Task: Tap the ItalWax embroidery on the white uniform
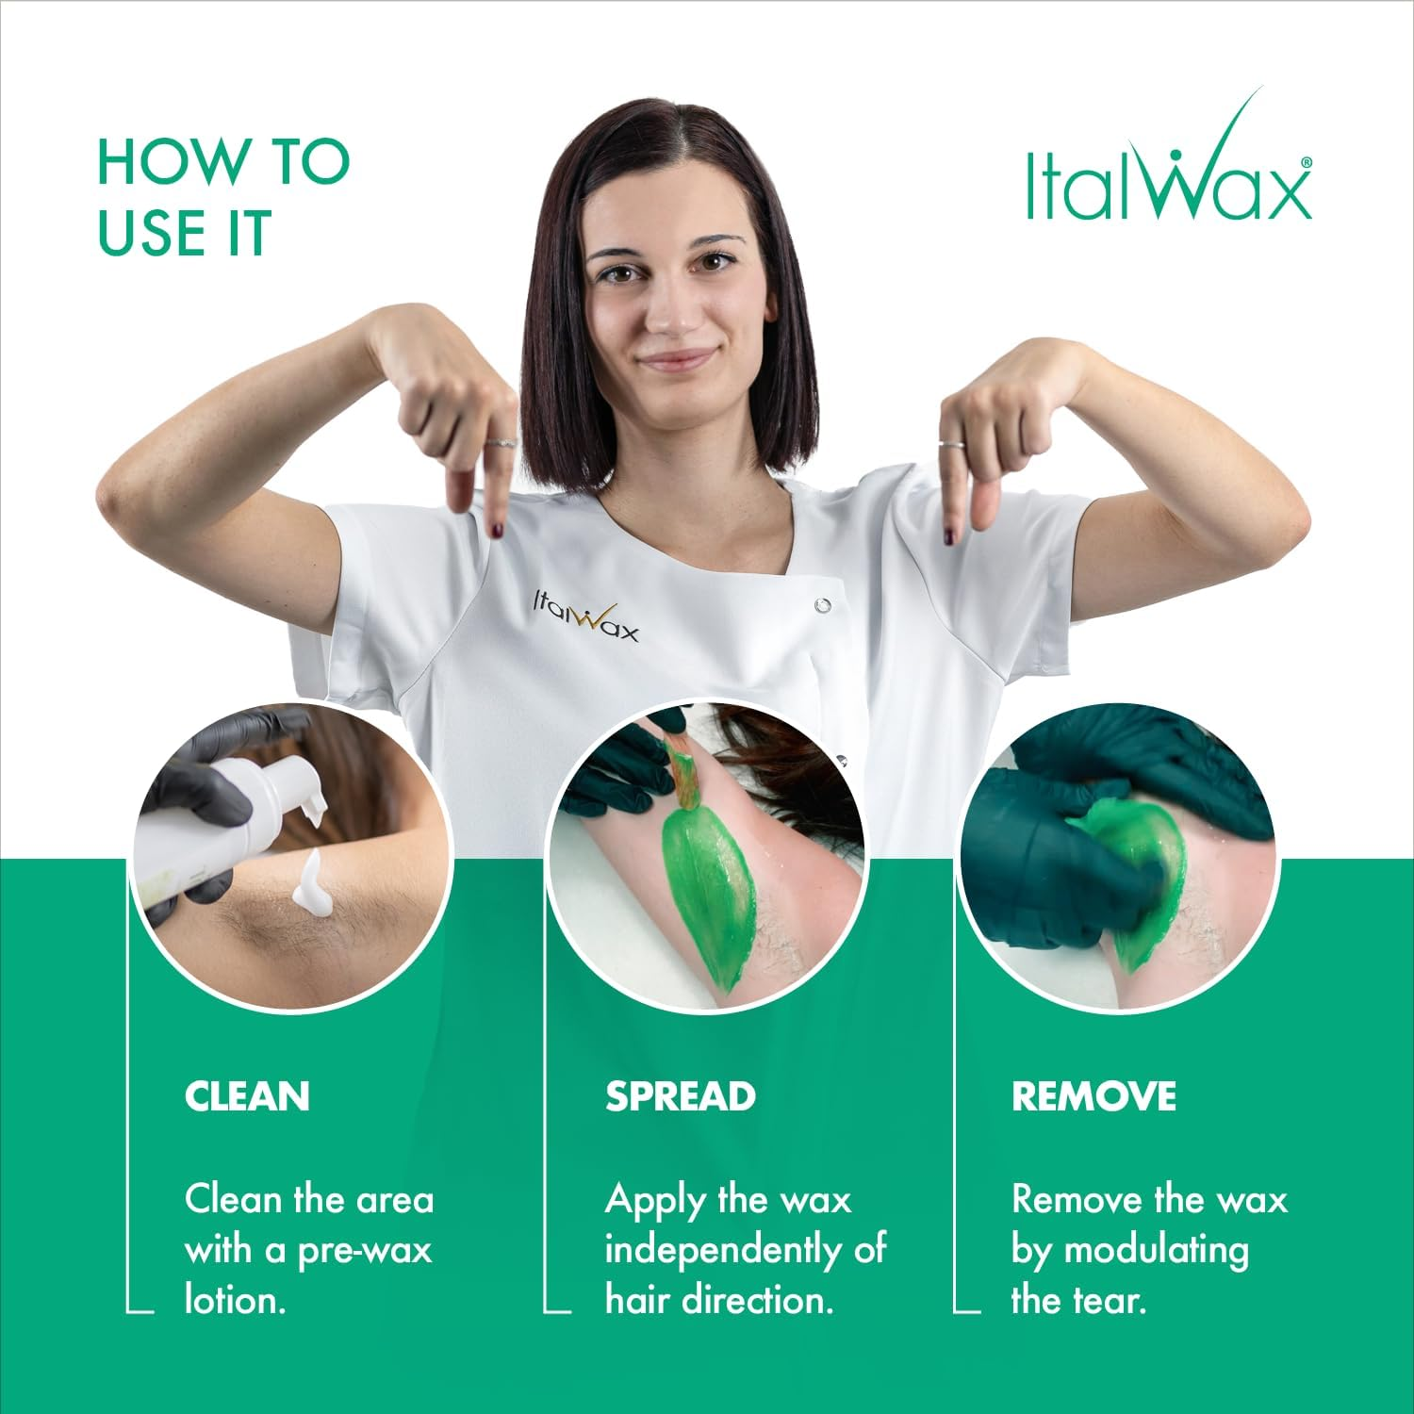pyautogui.click(x=585, y=617)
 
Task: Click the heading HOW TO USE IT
pyautogui.click(x=222, y=198)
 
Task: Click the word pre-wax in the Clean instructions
pyautogui.click(x=364, y=1251)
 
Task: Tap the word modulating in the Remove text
pyautogui.click(x=1156, y=1251)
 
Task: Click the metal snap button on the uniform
pyautogui.click(x=823, y=604)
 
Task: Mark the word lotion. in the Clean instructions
pyautogui.click(x=235, y=1302)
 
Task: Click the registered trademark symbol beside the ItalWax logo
pyautogui.click(x=1306, y=162)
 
